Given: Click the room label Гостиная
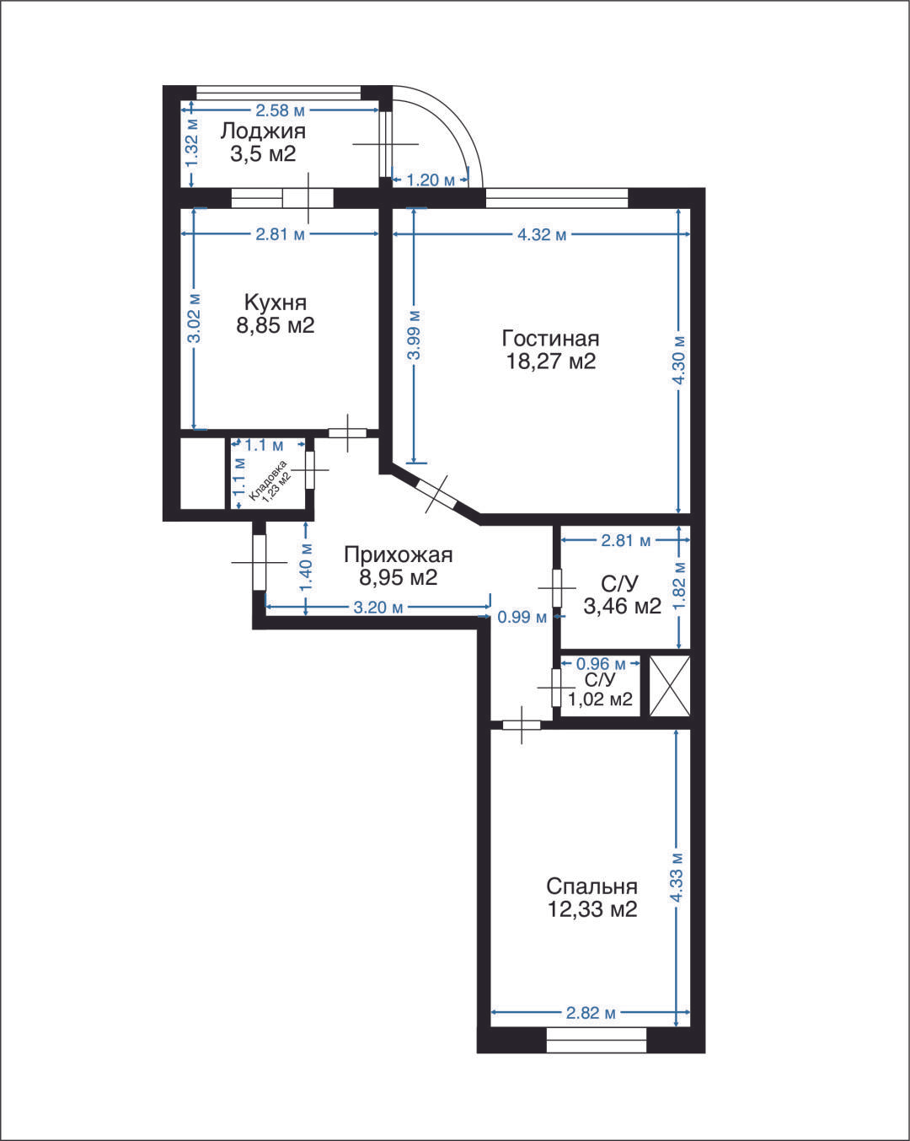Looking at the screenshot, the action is coord(550,338).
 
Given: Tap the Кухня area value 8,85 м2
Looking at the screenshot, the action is coord(276,325).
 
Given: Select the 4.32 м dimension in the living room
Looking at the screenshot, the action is coord(542,234).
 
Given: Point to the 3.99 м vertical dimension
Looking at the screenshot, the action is coord(415,335).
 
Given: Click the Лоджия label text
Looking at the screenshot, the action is coord(263,131).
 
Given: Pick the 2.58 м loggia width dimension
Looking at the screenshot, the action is coord(280,110).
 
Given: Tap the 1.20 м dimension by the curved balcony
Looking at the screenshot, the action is coord(430,180).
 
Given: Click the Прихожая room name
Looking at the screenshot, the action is coord(399,555).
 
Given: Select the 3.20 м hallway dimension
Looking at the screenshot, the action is coord(377,607).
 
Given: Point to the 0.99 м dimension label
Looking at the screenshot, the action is coord(522,617).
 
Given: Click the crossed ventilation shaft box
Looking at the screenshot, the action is coord(670,686).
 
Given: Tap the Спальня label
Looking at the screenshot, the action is coord(591,886).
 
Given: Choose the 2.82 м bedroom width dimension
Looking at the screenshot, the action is coord(591,1013).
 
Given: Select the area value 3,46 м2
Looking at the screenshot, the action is coord(623,606).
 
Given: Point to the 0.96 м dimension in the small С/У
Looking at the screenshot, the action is coord(601,664).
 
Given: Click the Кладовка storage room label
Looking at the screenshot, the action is coord(268,481).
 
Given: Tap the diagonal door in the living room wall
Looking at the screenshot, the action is coord(436,494).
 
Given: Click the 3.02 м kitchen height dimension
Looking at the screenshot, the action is coord(195,319).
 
